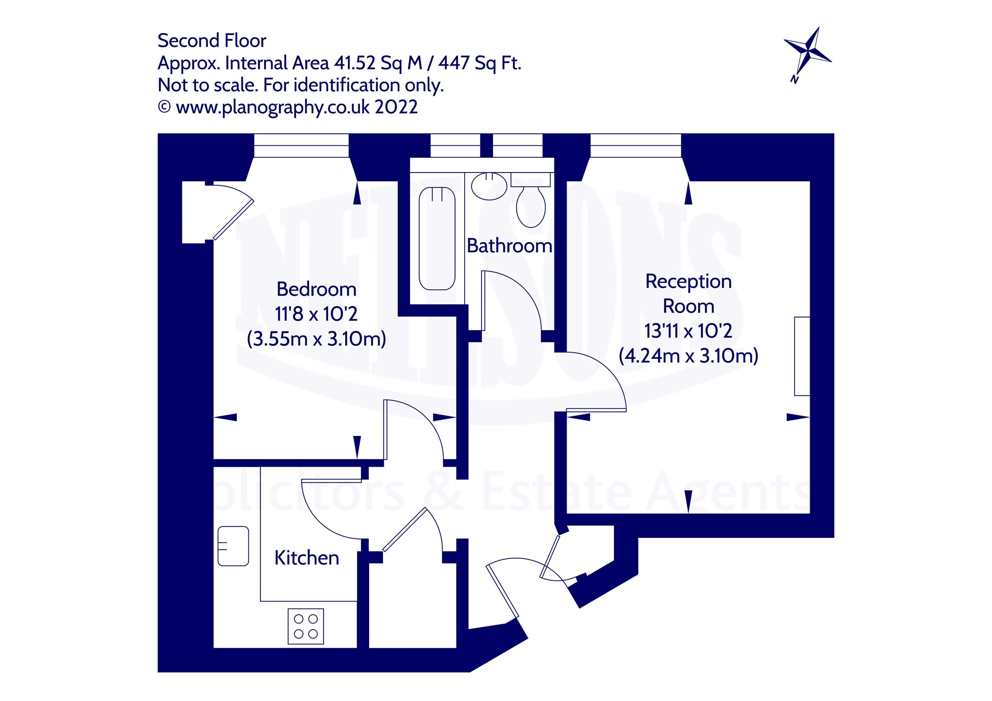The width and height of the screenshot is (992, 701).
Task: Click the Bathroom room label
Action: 509,246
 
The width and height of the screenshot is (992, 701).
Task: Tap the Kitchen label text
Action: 306,558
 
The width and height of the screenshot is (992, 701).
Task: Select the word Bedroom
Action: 316,289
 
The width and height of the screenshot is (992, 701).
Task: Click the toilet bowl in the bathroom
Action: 531,206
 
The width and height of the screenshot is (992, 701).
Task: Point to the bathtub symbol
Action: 437,238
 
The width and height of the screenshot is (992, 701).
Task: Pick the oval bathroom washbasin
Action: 489,186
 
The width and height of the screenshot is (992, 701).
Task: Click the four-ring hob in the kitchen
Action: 305,626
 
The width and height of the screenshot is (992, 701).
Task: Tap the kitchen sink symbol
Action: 233,546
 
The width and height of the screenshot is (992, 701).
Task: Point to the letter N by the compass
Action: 794,79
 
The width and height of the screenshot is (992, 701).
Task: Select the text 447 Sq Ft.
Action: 479,63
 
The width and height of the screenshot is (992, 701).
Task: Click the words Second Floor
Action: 212,40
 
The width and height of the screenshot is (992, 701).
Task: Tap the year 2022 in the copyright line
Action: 396,107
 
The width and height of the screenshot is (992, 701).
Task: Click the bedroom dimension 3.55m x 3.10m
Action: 316,339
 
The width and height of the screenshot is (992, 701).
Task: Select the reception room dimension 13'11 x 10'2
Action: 688,332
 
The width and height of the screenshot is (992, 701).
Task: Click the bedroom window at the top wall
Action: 301,145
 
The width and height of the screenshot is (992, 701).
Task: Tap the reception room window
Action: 636,145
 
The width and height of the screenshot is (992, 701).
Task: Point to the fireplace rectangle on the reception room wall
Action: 802,356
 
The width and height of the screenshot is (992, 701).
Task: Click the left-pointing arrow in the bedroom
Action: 226,417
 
